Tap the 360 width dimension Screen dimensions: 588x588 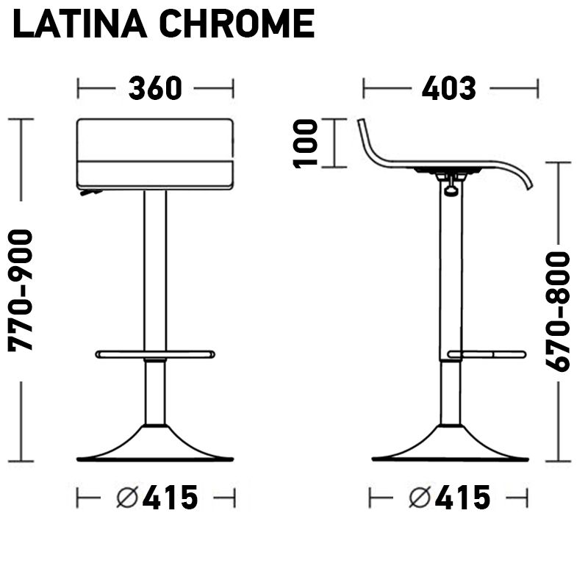coord(155,88)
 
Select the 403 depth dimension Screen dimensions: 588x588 coord(449,88)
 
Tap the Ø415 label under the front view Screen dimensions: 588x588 coord(157,498)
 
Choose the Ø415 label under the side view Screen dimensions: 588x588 coord(449,498)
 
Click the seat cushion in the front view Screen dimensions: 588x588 coord(155,154)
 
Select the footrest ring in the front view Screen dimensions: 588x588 coord(155,354)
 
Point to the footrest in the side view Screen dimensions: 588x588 coord(487,354)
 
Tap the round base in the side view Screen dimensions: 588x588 coord(450,447)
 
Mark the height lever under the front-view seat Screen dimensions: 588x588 coord(91,193)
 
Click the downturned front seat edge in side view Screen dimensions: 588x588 coord(523,176)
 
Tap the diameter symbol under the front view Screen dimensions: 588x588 coord(127,498)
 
